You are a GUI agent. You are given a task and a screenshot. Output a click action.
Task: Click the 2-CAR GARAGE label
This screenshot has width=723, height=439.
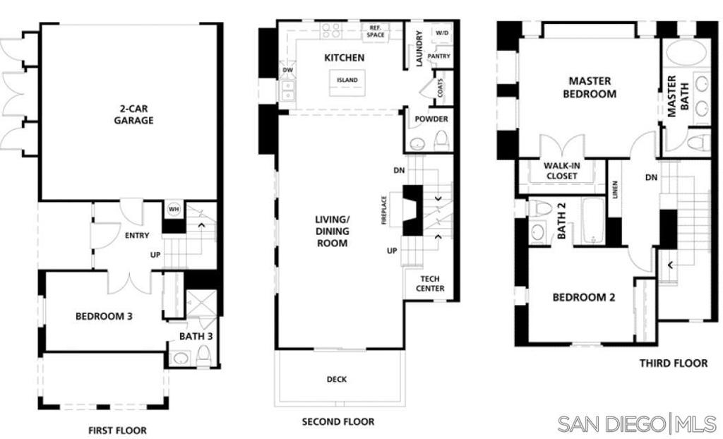[133, 115]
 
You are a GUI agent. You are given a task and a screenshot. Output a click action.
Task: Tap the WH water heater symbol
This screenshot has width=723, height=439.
[174, 210]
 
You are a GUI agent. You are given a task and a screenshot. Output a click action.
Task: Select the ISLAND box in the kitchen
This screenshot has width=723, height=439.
[347, 83]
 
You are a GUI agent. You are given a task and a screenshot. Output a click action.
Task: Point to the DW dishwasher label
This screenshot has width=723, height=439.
[288, 70]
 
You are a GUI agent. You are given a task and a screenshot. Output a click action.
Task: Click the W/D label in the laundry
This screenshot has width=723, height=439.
[442, 33]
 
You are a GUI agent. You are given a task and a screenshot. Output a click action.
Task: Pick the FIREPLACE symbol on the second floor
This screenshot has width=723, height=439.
[412, 210]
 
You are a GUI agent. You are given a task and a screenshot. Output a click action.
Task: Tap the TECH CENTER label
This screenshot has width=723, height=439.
[430, 284]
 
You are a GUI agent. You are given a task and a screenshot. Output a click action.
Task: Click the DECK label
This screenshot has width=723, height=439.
[337, 379]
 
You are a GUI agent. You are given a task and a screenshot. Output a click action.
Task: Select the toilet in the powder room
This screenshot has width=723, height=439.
[441, 140]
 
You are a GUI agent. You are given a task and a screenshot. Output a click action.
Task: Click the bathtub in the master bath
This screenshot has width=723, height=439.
[686, 54]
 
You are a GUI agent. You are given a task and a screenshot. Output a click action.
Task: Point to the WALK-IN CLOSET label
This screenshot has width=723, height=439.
[561, 171]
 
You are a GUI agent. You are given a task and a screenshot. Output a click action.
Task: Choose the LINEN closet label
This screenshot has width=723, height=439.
[615, 190]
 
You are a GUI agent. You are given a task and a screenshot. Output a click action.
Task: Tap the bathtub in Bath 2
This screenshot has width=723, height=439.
[593, 220]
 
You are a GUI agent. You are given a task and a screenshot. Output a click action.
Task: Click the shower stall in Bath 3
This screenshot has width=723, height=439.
[201, 303]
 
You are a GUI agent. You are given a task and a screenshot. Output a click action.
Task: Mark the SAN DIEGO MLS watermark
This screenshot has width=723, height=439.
[637, 423]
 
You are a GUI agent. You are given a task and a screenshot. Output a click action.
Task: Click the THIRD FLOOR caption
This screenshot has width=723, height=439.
[673, 363]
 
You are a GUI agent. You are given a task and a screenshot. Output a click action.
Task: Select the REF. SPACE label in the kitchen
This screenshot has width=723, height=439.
[376, 31]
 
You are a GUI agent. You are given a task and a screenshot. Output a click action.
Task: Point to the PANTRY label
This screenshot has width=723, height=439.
[438, 56]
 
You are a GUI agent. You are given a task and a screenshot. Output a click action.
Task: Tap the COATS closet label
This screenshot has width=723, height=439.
[440, 87]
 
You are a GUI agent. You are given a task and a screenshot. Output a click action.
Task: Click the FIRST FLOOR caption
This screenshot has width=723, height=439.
[118, 431]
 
